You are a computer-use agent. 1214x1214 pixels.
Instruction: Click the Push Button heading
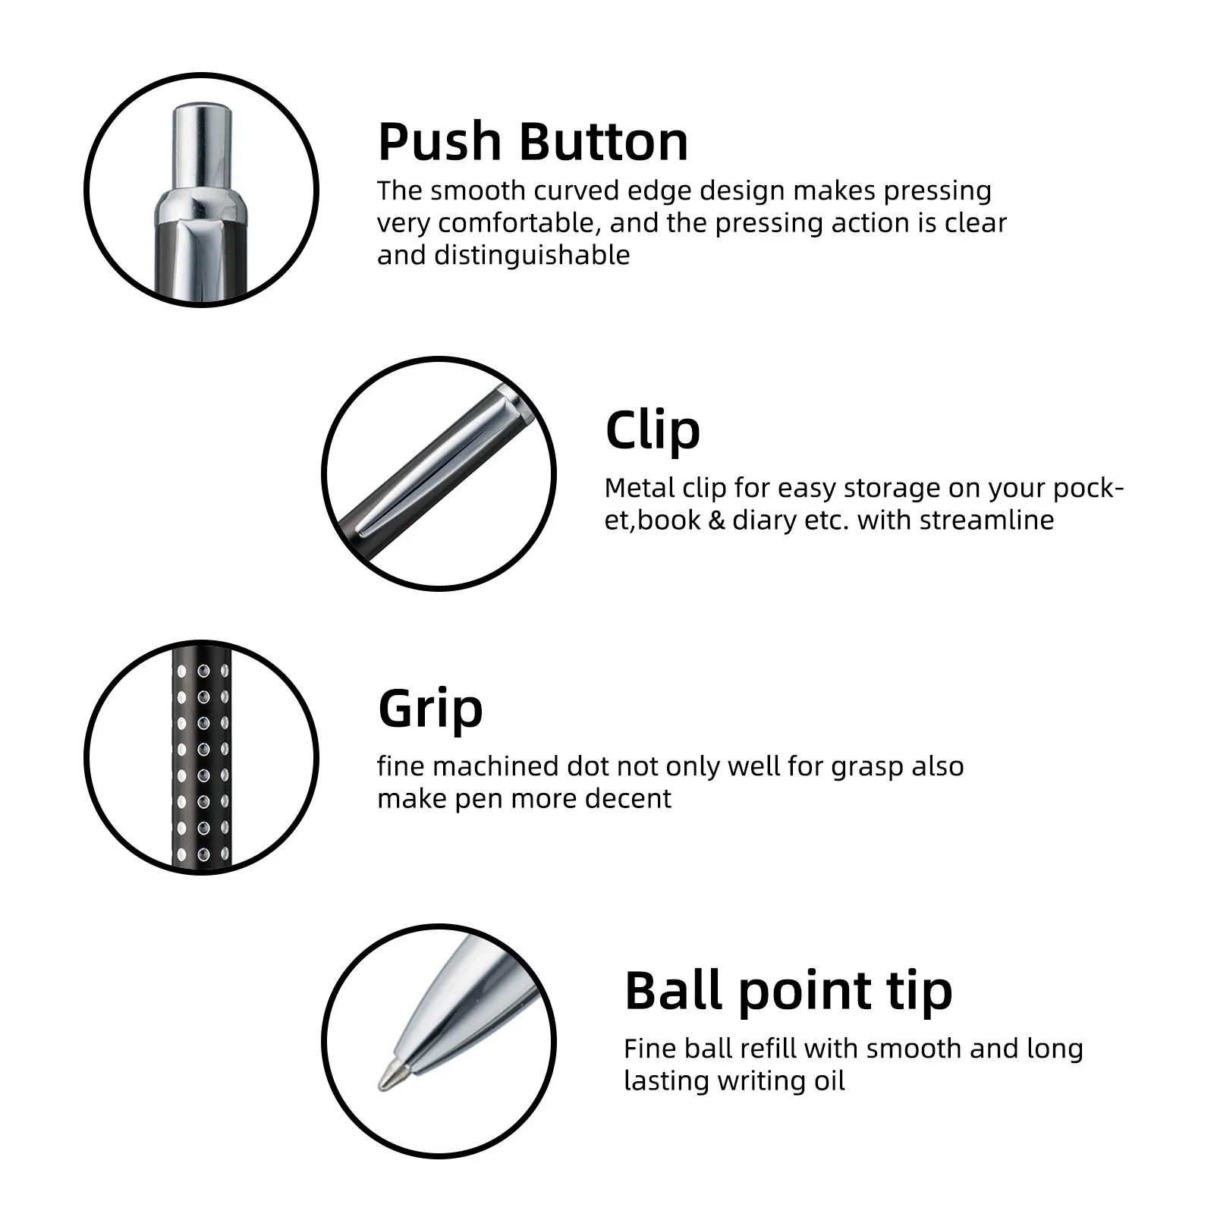(533, 142)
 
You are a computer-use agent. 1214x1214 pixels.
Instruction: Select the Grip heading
(430, 709)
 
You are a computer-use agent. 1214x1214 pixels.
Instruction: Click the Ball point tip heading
(788, 992)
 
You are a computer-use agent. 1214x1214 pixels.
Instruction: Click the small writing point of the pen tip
(389, 1074)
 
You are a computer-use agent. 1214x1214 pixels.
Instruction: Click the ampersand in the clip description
(716, 521)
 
